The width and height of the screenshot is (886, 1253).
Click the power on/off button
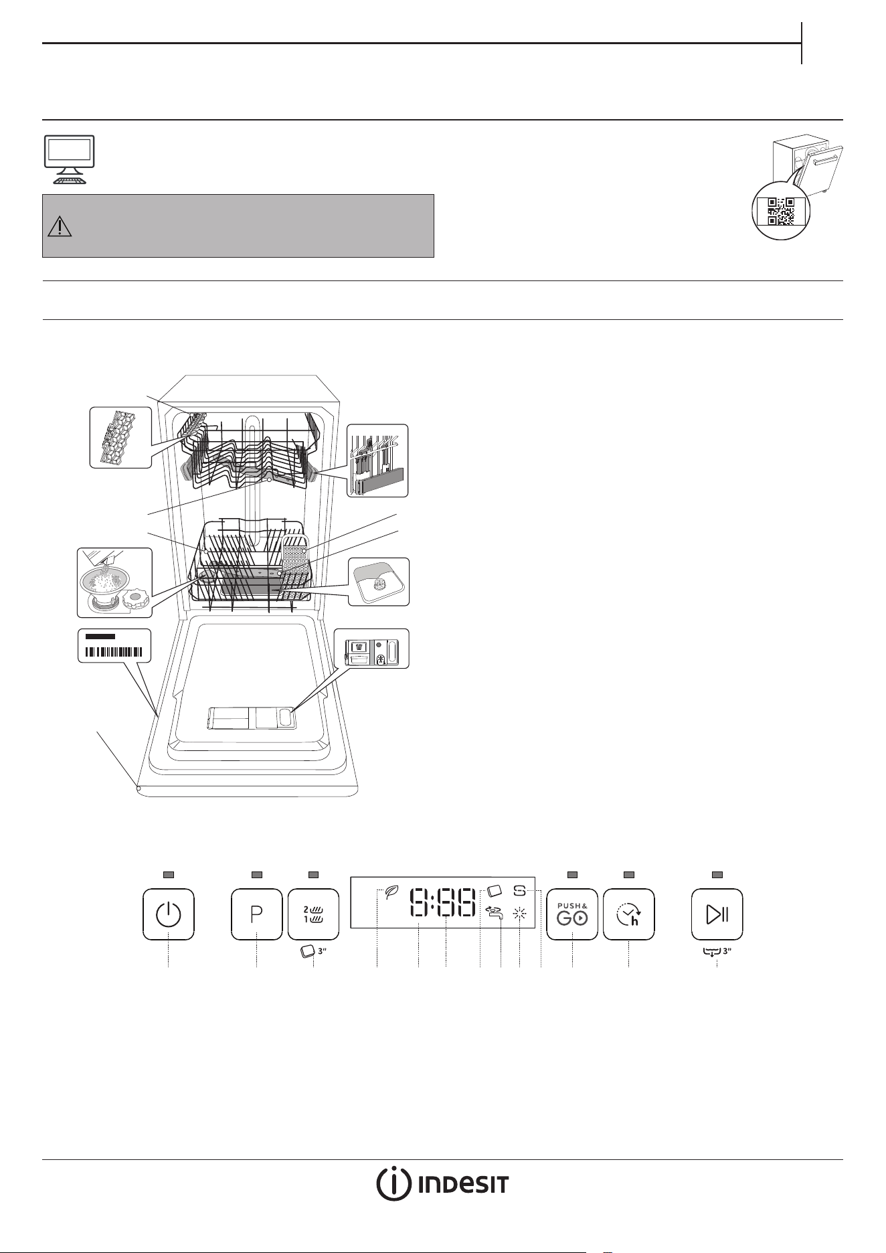[x=169, y=914]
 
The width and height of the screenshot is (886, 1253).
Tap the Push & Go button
[x=572, y=914]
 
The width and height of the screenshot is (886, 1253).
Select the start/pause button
[x=717, y=914]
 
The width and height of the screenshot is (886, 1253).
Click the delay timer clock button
[x=629, y=914]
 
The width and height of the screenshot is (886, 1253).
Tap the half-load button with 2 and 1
[x=313, y=914]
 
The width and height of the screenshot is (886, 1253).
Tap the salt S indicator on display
[x=520, y=892]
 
